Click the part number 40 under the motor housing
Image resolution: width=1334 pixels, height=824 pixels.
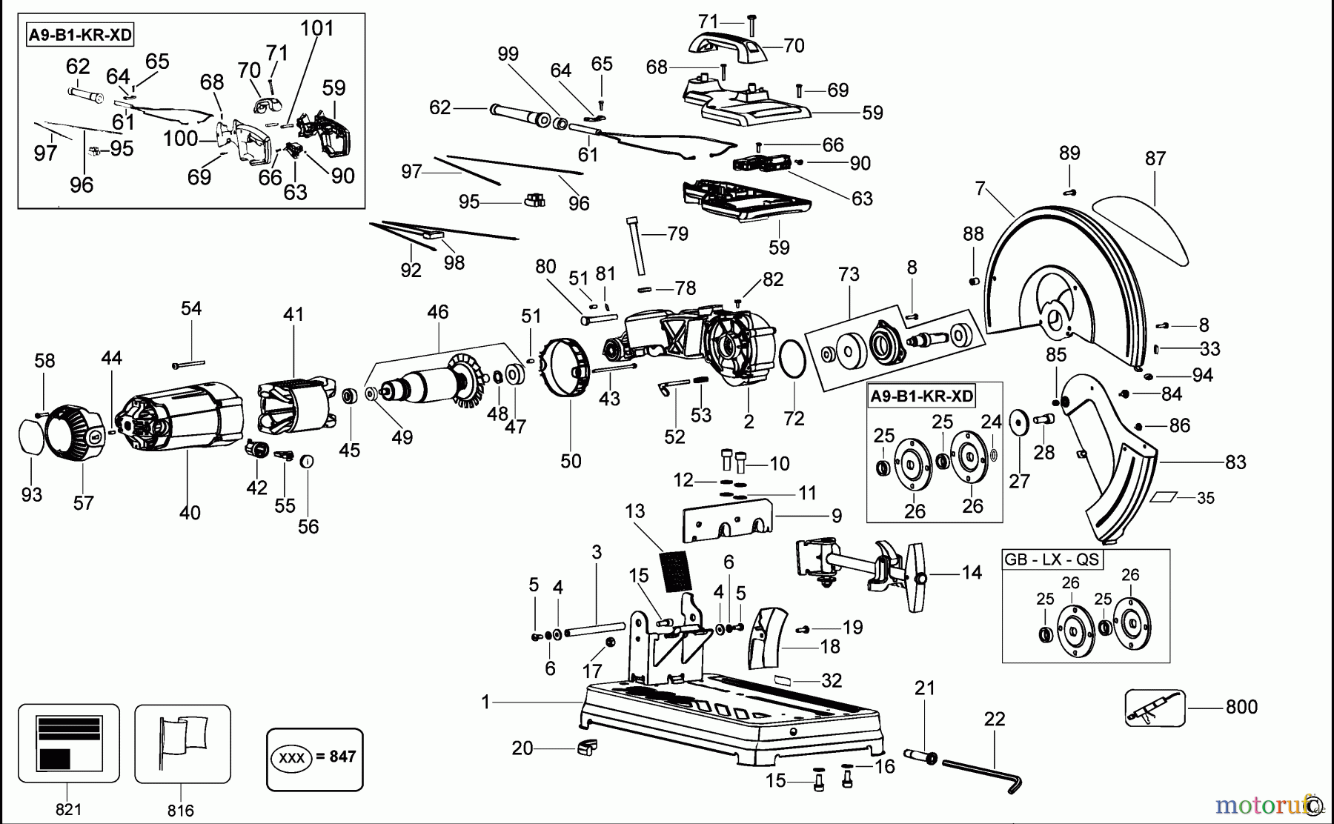pos(190,512)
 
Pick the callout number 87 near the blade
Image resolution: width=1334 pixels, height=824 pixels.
pos(1155,159)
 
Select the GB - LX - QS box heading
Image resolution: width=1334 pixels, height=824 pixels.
pos(1051,559)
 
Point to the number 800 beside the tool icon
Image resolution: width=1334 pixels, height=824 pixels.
pos(1241,707)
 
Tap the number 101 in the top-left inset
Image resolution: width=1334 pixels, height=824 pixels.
pos(317,28)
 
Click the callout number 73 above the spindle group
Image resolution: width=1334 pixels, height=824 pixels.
pos(849,274)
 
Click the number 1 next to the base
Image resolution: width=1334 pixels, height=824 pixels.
pos(485,702)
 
